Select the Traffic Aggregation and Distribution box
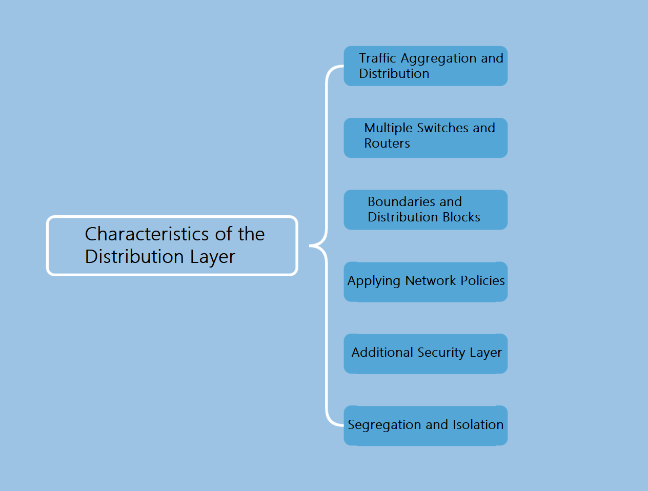point(426,66)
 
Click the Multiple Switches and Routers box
point(426,138)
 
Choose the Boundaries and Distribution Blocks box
point(426,210)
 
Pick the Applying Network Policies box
point(426,281)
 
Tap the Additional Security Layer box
point(426,354)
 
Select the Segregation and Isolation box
point(426,425)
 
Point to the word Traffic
point(377,58)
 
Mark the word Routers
point(387,144)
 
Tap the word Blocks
point(461,217)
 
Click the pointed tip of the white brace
point(310,246)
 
